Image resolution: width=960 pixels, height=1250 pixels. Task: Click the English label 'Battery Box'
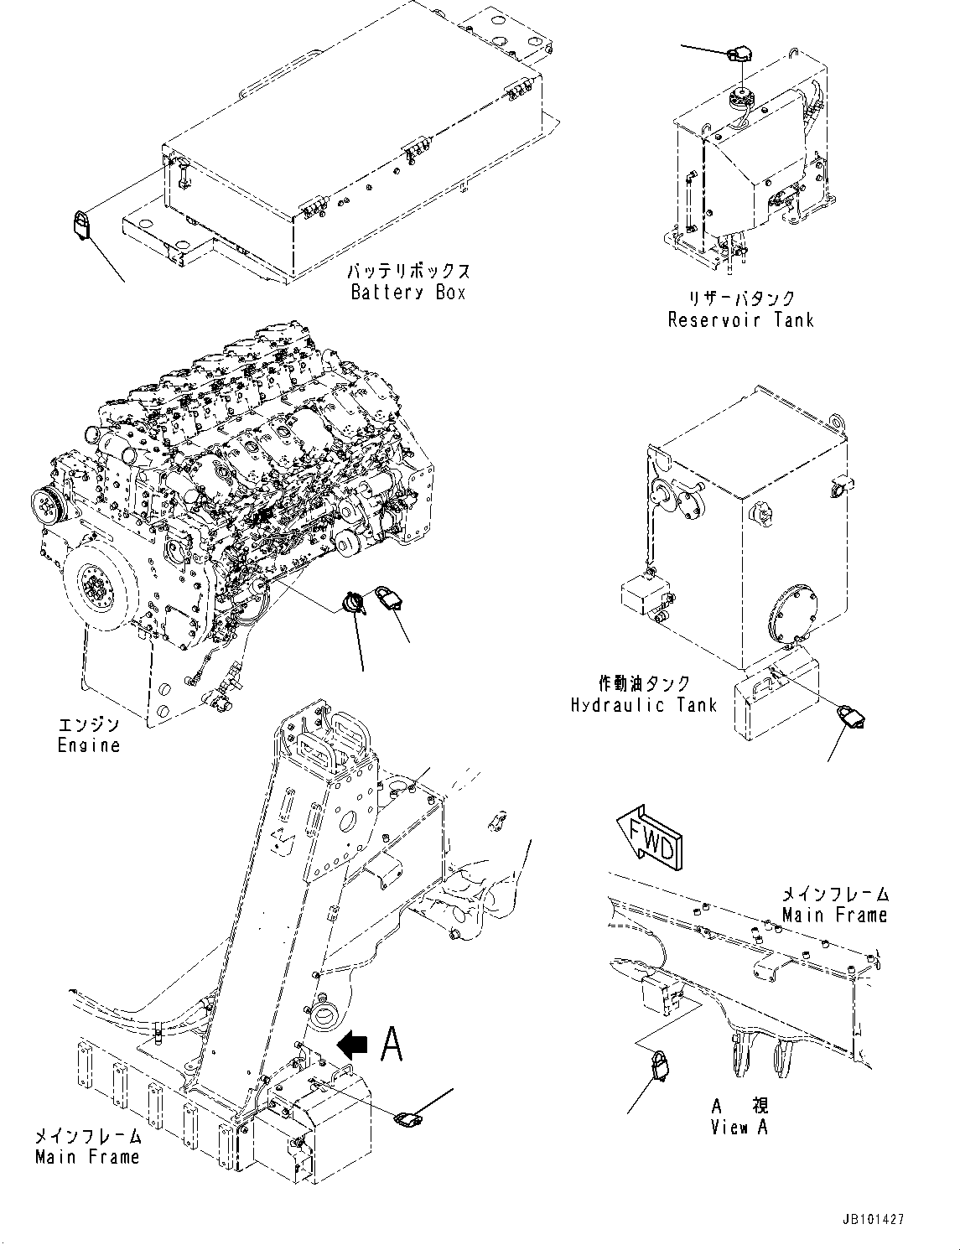[x=407, y=293]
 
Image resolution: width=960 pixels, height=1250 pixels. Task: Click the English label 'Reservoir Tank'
[x=740, y=319]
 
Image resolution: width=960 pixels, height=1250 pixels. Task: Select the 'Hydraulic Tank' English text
[x=643, y=704]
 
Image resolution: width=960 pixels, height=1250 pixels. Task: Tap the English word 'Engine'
[x=88, y=744]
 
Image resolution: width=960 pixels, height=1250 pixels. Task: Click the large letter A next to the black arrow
[x=392, y=1044]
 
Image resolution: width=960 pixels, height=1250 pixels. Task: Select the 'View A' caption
[x=739, y=1128]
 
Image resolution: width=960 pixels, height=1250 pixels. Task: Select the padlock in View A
[x=661, y=1067]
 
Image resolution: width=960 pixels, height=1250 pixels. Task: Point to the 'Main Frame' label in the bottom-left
[x=87, y=1157]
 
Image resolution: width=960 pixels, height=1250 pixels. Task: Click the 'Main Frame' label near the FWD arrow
[x=834, y=915]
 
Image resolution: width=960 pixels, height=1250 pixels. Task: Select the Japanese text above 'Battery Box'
[x=407, y=272]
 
